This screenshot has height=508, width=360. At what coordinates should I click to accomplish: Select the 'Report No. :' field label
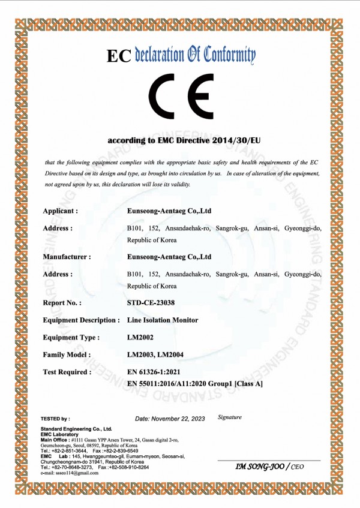pyautogui.click(x=62, y=303)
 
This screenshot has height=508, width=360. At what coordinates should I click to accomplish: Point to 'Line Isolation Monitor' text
pyautogui.click(x=163, y=320)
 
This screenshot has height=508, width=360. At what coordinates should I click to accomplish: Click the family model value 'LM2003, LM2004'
pyautogui.click(x=155, y=355)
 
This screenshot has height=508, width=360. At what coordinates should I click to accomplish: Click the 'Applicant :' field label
pyautogui.click(x=61, y=211)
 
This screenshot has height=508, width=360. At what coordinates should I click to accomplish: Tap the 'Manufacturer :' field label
pyautogui.click(x=67, y=257)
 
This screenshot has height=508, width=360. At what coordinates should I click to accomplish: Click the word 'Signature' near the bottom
pyautogui.click(x=230, y=417)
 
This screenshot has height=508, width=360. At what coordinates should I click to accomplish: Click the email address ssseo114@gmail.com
pyautogui.click(x=69, y=473)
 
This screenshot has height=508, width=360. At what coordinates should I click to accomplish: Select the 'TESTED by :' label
pyautogui.click(x=55, y=417)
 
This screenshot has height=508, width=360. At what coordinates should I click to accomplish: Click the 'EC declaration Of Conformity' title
pyautogui.click(x=181, y=56)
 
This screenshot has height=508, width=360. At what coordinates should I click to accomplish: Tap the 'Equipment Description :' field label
pyautogui.click(x=82, y=320)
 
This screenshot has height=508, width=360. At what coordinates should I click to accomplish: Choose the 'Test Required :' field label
pyautogui.click(x=67, y=372)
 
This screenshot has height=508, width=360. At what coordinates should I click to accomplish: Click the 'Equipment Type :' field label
pyautogui.click(x=71, y=338)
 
